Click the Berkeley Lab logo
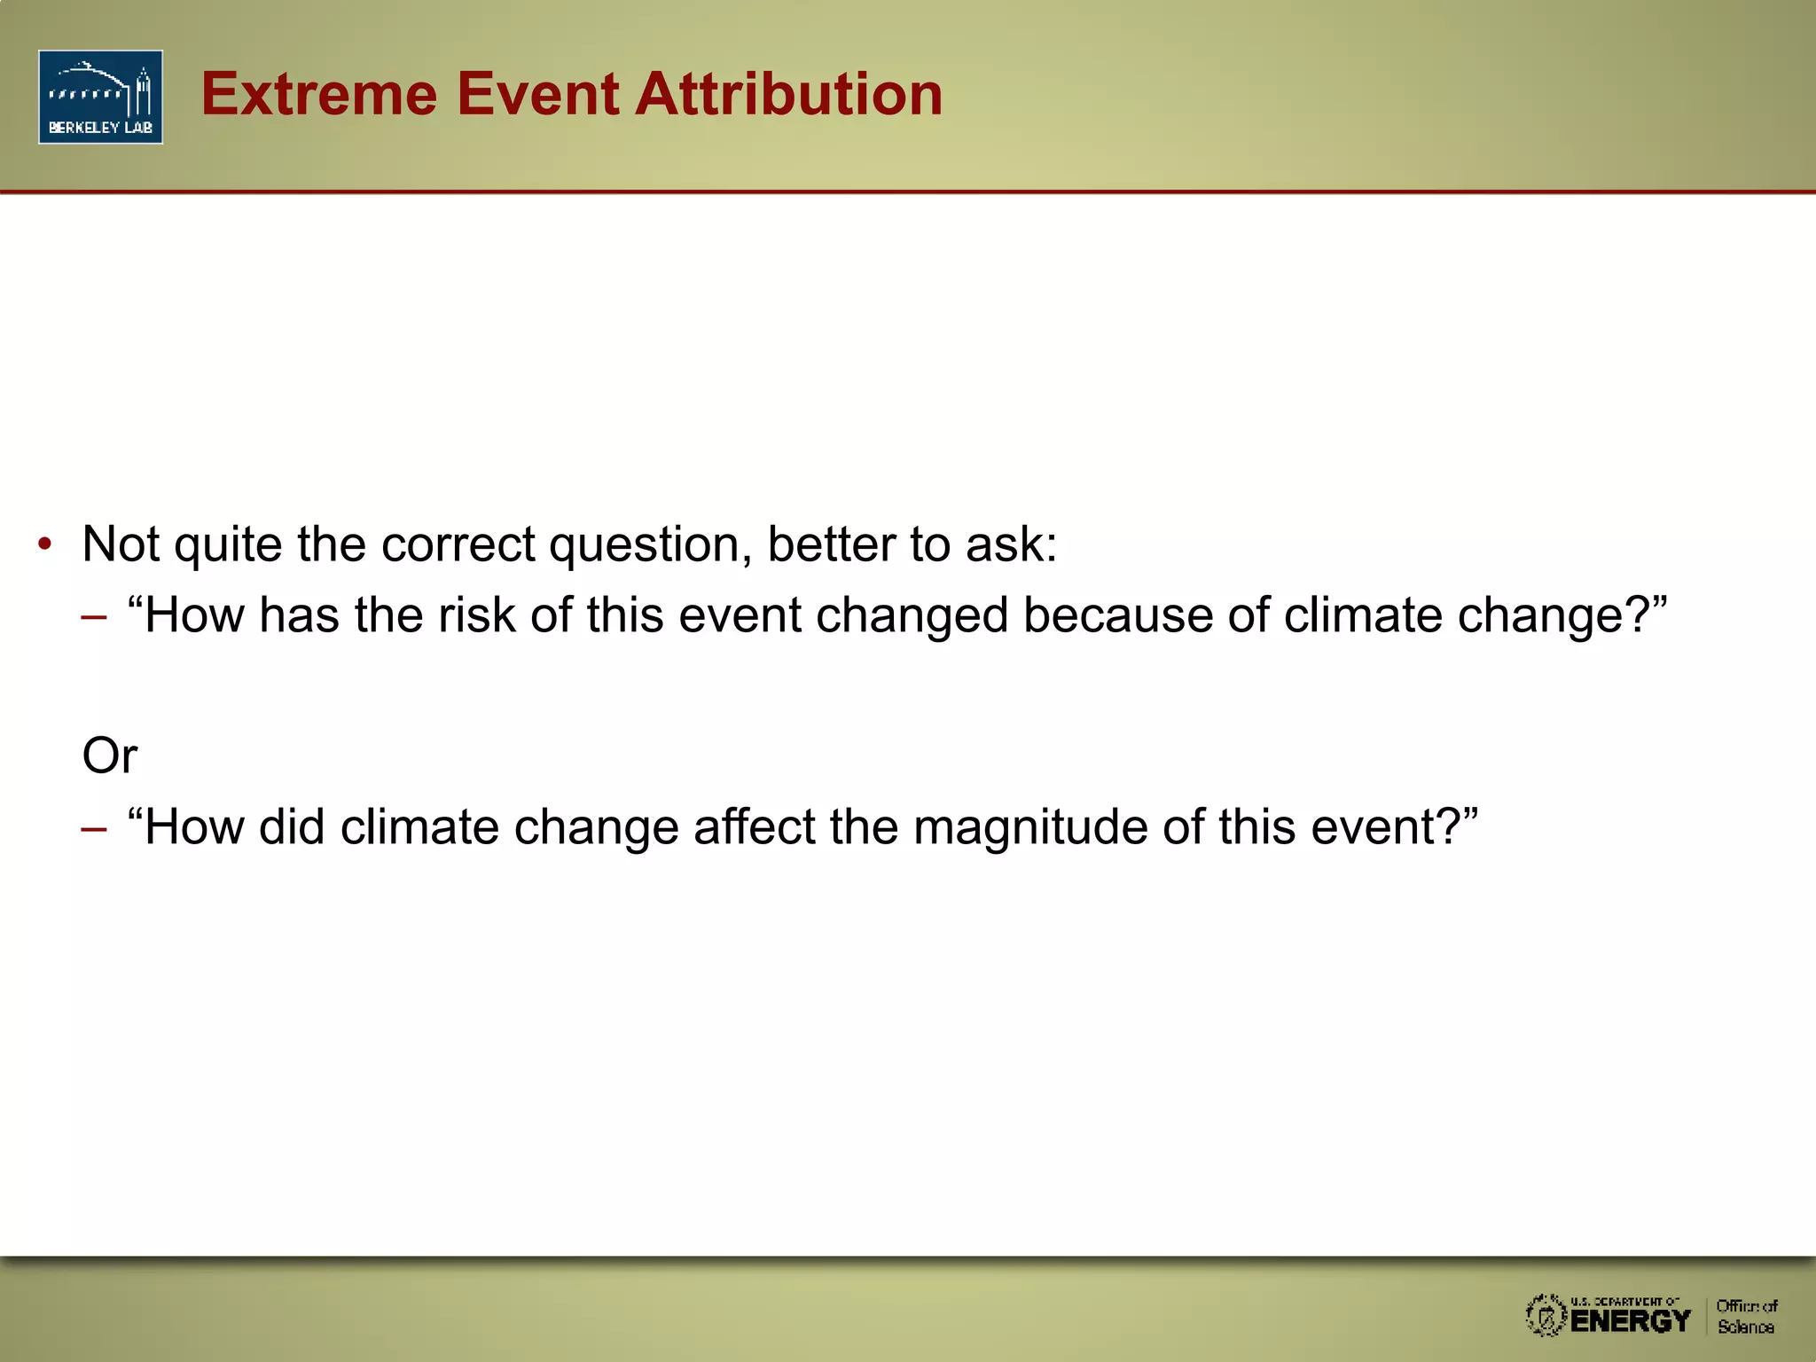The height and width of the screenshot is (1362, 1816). pos(100,97)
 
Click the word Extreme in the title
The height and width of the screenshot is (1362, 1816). pos(319,94)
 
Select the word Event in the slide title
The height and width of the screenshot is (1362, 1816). pos(536,94)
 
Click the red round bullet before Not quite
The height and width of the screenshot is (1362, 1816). pos(45,544)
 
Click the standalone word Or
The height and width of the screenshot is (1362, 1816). pos(110,756)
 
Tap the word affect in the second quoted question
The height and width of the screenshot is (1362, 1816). pos(754,827)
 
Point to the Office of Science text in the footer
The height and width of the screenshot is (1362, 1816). pos(1746,1317)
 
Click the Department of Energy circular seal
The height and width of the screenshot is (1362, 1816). pos(1546,1316)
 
